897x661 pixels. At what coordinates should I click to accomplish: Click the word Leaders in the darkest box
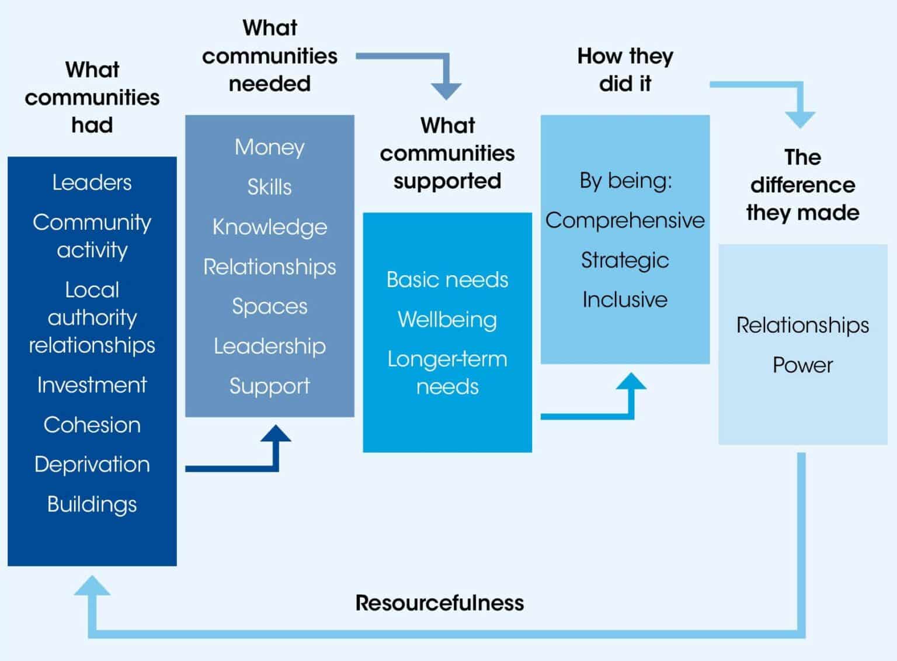92,182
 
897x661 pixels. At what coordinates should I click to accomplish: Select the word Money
269,147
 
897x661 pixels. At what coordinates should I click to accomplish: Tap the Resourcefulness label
439,603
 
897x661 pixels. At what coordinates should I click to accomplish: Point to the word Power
802,365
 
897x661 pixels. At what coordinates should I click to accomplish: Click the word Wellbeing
447,320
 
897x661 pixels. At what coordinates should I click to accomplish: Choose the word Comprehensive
625,220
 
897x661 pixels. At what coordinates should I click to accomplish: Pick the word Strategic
625,260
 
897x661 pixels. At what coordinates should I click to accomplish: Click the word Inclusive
625,300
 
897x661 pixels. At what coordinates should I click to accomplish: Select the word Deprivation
92,464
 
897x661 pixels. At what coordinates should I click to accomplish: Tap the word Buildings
92,504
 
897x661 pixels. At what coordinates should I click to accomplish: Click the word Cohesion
92,425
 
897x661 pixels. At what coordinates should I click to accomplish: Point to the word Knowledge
269,227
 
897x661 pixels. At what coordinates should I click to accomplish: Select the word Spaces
269,306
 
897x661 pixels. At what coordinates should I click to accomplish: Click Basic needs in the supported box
447,280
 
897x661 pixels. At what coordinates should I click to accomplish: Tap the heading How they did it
625,70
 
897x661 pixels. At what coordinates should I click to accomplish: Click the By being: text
625,181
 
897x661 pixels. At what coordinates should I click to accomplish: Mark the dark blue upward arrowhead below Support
276,434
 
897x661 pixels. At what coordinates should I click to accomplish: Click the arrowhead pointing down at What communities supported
446,91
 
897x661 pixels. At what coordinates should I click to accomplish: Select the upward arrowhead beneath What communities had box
92,585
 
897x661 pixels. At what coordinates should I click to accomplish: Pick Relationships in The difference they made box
802,325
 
